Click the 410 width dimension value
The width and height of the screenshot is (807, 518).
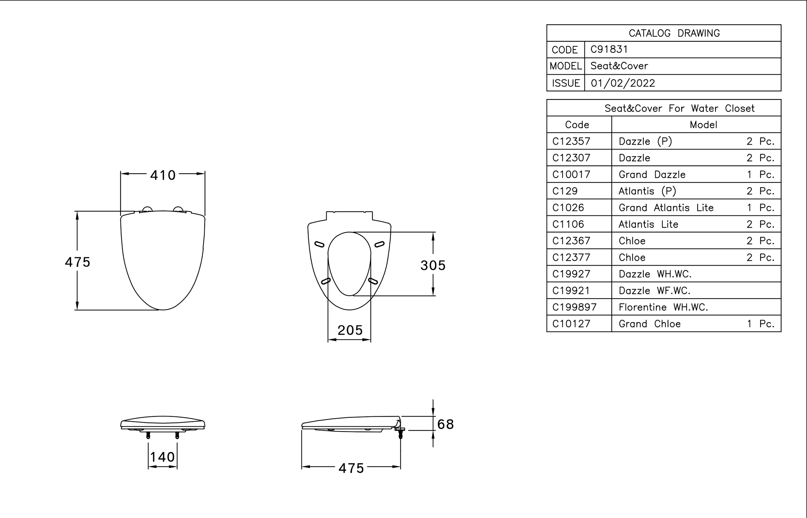tap(163, 175)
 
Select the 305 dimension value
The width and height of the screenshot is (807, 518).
tap(433, 265)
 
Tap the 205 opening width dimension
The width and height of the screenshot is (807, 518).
tap(350, 330)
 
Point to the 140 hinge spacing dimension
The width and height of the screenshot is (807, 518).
tap(162, 457)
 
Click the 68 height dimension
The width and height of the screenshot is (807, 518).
tap(446, 424)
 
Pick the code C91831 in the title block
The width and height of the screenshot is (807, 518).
tap(609, 50)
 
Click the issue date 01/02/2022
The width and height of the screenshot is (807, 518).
tap(623, 83)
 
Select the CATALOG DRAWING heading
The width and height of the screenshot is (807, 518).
tap(674, 33)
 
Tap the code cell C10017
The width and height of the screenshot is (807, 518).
tap(571, 175)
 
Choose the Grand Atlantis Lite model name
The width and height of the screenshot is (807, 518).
tap(666, 208)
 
